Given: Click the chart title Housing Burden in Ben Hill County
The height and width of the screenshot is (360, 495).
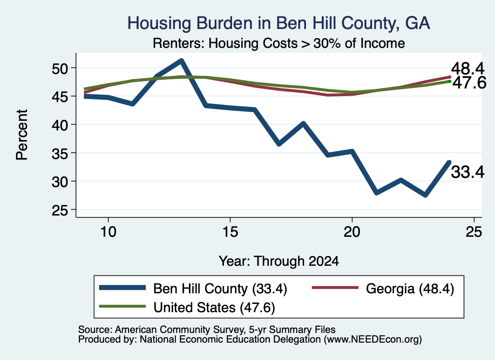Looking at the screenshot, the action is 279,23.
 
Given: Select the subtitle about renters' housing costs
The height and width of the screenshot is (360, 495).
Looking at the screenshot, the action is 279,43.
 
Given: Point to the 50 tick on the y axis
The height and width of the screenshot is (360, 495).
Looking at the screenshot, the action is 59,68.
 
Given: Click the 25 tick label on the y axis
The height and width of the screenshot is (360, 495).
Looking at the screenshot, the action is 59,210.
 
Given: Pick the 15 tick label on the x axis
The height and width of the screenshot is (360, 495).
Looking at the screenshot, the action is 230,232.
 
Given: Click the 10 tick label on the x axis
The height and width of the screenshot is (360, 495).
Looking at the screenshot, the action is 108,232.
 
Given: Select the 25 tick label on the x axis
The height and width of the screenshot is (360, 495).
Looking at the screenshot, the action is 474,232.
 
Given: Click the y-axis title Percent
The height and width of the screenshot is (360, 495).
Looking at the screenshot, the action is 22,135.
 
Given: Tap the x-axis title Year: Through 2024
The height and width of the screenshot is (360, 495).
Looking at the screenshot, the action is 279,261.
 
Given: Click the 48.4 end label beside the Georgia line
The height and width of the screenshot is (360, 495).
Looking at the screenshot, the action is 467,69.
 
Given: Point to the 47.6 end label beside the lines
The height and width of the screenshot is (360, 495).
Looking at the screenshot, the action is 469,83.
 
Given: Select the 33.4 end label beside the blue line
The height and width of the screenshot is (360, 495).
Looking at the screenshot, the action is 467,173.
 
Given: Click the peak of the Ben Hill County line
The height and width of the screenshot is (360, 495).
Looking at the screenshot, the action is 181,60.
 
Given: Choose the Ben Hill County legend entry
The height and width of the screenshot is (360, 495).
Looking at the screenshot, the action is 193,288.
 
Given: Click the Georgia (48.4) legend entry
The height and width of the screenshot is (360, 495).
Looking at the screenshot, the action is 383,288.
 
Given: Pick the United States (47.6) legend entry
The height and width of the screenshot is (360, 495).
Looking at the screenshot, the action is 187,307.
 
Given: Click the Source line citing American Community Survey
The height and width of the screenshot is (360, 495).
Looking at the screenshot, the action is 207,330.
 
